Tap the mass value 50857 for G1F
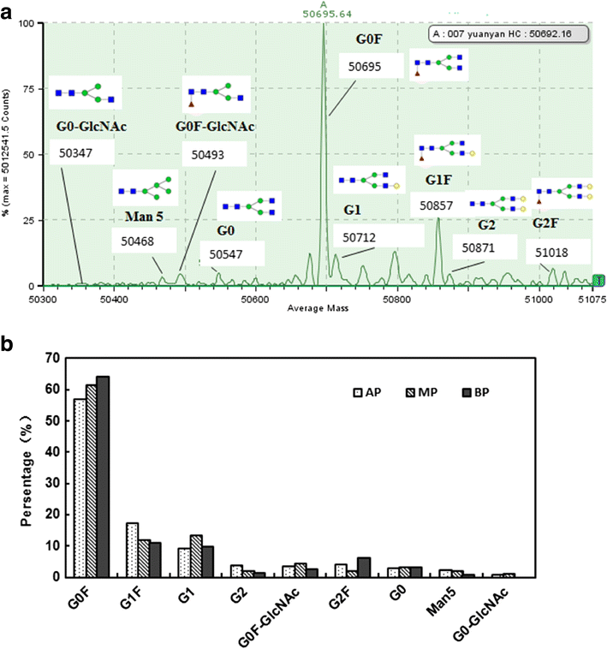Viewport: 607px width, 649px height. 438,206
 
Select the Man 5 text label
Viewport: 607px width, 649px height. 134,216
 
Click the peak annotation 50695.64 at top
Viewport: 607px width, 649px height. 323,13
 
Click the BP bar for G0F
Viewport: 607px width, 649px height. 103,476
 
